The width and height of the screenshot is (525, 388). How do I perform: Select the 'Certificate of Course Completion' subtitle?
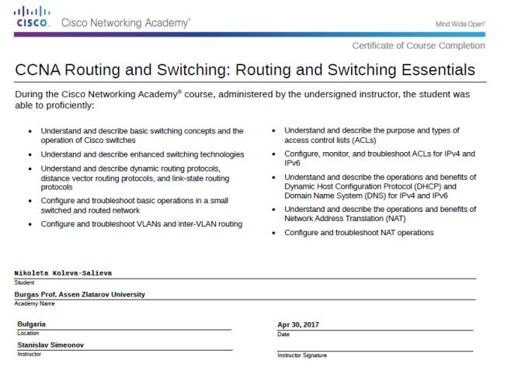tap(419, 45)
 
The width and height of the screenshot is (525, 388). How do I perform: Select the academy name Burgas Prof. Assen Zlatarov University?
tap(80, 294)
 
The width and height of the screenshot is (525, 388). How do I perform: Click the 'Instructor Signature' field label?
tap(302, 355)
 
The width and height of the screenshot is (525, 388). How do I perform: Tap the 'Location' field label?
tap(27, 333)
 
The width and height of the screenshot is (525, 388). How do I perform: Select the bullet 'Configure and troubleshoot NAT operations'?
tap(359, 233)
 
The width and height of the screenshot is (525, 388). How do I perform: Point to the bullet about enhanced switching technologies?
tap(141, 154)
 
